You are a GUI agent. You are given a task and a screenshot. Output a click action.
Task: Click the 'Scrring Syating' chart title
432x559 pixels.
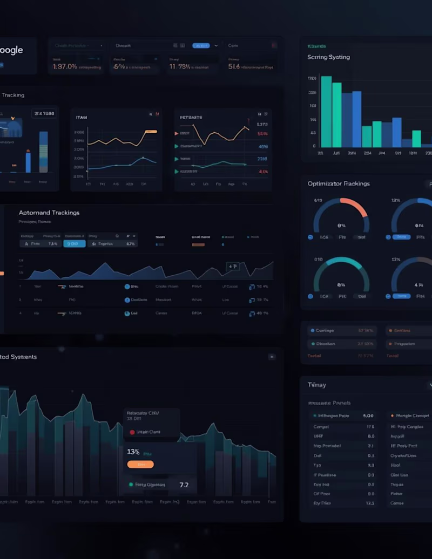pyautogui.click(x=328, y=57)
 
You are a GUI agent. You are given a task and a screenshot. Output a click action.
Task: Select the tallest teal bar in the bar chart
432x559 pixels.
pyautogui.click(x=326, y=111)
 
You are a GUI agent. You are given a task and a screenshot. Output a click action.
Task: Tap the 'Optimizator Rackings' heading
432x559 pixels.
pyautogui.click(x=339, y=183)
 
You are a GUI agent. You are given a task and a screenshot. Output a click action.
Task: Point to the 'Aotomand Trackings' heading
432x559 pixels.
pyautogui.click(x=49, y=213)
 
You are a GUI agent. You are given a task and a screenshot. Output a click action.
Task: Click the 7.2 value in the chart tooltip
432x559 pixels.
pyautogui.click(x=184, y=485)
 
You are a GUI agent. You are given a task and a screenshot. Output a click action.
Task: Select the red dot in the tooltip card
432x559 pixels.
pyautogui.click(x=132, y=432)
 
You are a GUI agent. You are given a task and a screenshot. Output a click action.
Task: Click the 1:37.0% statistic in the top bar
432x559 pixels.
pyautogui.click(x=65, y=67)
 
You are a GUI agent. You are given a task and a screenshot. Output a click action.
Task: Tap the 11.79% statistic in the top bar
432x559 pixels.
pyautogui.click(x=180, y=67)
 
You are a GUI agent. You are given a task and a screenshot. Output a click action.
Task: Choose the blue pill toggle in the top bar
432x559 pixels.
pyautogui.click(x=200, y=46)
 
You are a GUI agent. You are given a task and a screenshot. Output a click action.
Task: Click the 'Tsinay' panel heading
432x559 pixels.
pyautogui.click(x=316, y=385)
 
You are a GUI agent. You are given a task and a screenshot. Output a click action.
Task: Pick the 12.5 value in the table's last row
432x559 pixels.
pyautogui.click(x=370, y=503)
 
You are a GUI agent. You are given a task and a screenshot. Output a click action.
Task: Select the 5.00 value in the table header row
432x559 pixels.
pyautogui.click(x=368, y=416)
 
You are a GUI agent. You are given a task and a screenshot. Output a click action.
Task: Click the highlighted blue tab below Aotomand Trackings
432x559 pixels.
pyautogui.click(x=75, y=244)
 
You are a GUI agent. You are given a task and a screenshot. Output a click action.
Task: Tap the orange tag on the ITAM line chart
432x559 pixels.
pyautogui.click(x=151, y=132)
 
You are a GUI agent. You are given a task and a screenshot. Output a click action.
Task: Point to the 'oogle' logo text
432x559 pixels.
pyautogui.click(x=11, y=50)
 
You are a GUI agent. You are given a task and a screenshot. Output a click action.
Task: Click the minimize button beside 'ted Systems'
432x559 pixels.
pyautogui.click(x=272, y=357)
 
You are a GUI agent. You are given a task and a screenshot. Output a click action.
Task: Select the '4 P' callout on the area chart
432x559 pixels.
pyautogui.click(x=233, y=266)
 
